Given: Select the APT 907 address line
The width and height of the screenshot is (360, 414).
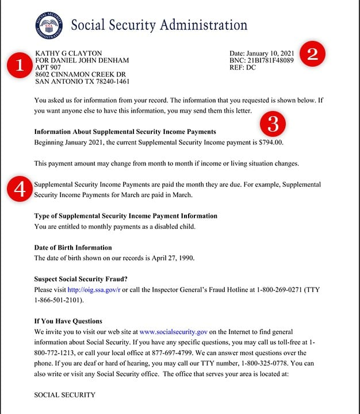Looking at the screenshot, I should pyautogui.click(x=48, y=67).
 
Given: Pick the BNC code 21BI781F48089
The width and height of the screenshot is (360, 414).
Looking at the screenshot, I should pyautogui.click(x=270, y=60).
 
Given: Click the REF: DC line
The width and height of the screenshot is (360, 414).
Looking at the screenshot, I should pyautogui.click(x=243, y=67).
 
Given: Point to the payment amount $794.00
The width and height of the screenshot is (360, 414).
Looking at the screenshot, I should pyautogui.click(x=270, y=142).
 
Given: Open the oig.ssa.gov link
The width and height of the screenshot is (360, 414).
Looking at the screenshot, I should pyautogui.click(x=93, y=289).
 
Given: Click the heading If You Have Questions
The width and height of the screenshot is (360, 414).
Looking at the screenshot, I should pyautogui.click(x=68, y=321).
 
